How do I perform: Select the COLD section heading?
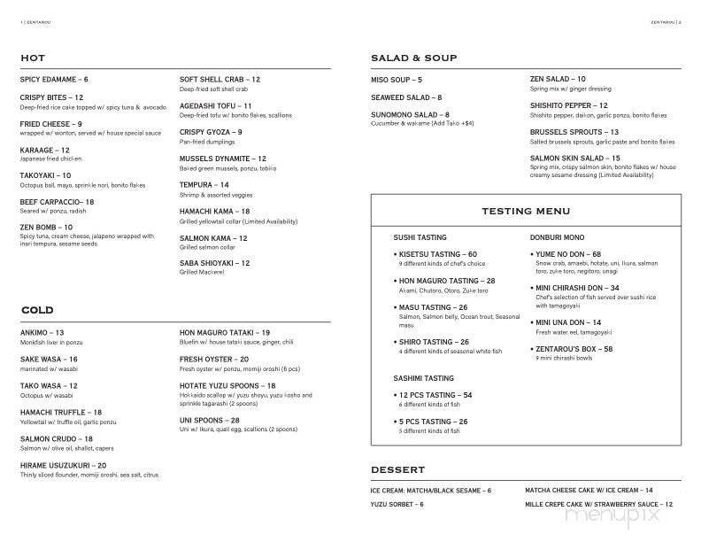(36, 310)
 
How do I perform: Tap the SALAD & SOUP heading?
(413, 58)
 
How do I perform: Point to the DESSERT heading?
(397, 469)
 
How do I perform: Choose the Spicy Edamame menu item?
(54, 80)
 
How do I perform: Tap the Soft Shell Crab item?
(220, 80)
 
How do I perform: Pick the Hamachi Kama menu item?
(220, 211)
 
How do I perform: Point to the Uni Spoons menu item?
(209, 421)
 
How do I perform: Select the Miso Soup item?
(397, 80)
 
